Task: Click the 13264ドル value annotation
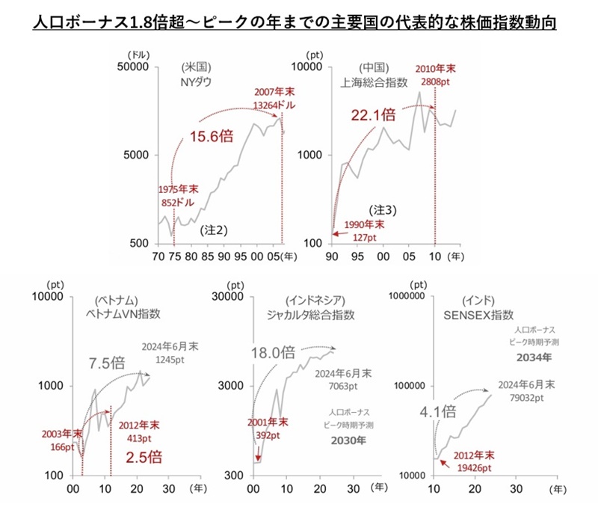(x=274, y=105)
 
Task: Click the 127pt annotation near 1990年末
(x=364, y=237)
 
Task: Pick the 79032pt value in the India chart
(x=522, y=398)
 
